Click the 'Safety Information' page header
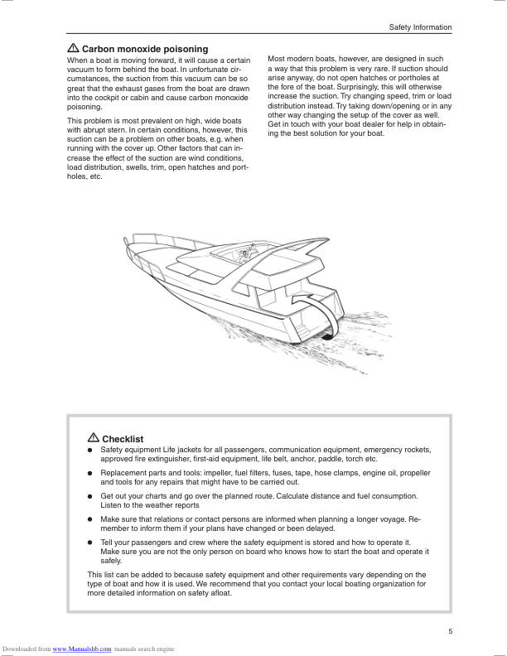click(x=420, y=27)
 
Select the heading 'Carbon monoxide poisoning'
click(x=144, y=49)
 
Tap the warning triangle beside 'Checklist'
click(x=93, y=438)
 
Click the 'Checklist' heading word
click(x=123, y=439)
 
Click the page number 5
click(x=450, y=632)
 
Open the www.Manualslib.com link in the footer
click(x=82, y=649)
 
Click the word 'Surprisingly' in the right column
click(x=347, y=87)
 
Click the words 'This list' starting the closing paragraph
click(x=101, y=574)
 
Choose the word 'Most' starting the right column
click(x=278, y=60)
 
